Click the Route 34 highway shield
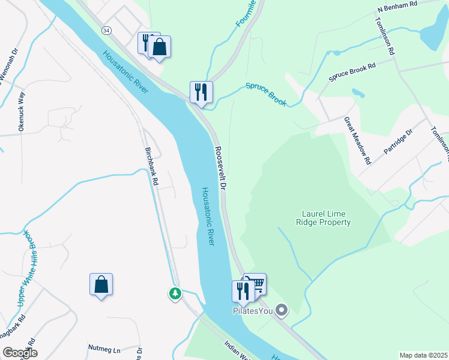pyautogui.click(x=106, y=30)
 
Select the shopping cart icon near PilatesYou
pyautogui.click(x=255, y=284)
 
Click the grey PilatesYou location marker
pyautogui.click(x=282, y=310)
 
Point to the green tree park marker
pyautogui.click(x=175, y=293)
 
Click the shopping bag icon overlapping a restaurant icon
pyautogui.click(x=160, y=47)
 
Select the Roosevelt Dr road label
pyautogui.click(x=220, y=169)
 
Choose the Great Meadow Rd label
pyautogui.click(x=357, y=140)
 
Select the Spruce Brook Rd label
pyautogui.click(x=352, y=72)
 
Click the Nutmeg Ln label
pyautogui.click(x=104, y=349)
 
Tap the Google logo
pyautogui.click(x=20, y=352)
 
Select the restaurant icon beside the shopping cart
pyautogui.click(x=243, y=291)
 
